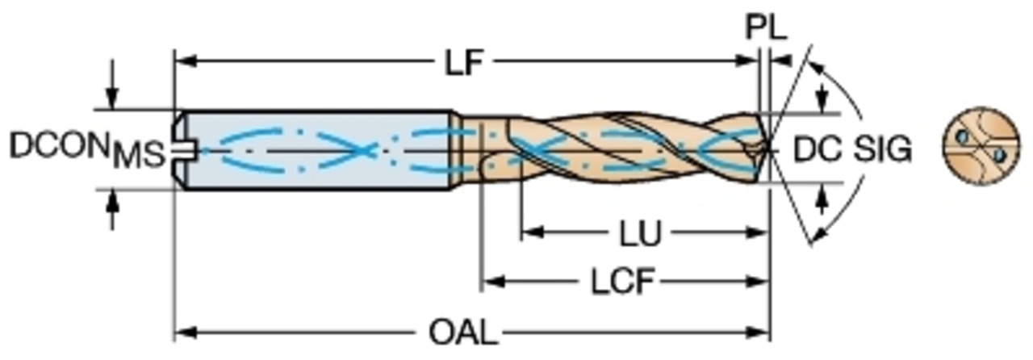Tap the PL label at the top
(765, 29)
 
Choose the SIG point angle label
(883, 149)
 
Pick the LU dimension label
(640, 235)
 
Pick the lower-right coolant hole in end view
(998, 153)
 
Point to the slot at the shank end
(186, 149)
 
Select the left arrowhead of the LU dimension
(529, 234)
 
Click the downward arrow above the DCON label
(113, 100)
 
